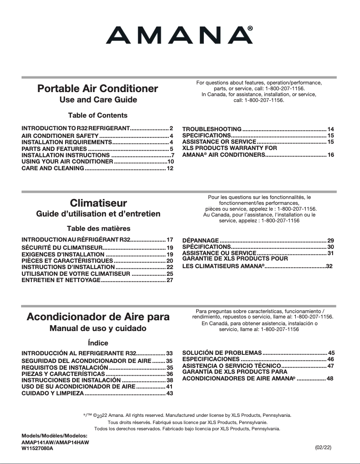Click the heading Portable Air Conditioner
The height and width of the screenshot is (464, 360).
coord(98,88)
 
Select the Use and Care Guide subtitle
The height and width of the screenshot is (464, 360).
coord(98,100)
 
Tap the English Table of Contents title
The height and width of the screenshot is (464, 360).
coord(98,115)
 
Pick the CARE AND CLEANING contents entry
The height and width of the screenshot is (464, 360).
coord(53,168)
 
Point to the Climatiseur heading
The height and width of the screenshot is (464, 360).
coord(99,203)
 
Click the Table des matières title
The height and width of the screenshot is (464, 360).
coord(99,229)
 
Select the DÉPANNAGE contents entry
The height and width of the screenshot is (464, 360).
coord(201,241)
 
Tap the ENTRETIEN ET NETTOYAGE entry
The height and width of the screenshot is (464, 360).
coord(61,280)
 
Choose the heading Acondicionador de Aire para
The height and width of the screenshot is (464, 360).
coord(98,317)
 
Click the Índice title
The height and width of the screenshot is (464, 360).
coord(98,343)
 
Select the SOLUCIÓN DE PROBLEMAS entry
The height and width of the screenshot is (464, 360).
coord(222,353)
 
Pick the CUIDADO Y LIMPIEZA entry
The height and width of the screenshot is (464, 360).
coord(53,393)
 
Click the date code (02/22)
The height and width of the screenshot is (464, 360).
coord(324,448)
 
